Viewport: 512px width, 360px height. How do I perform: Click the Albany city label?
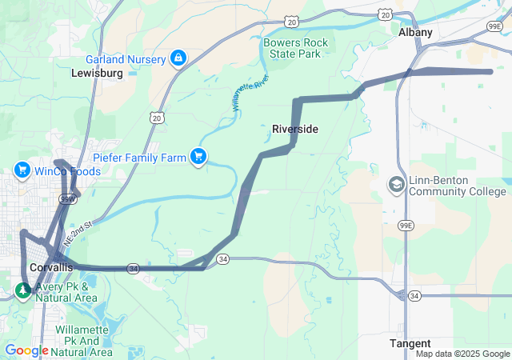415,33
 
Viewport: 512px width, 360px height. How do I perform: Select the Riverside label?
295,129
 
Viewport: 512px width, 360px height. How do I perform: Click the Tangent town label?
410,343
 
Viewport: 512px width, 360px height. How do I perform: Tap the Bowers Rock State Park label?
292,47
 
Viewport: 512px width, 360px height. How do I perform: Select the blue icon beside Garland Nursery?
178,58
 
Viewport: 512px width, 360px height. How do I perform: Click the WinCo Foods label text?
67,171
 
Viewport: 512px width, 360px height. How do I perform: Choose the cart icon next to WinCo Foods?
22,171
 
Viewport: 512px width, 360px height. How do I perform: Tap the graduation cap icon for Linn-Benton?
396,186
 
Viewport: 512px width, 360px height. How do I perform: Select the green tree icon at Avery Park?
22,290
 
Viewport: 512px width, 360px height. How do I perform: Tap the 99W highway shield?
67,198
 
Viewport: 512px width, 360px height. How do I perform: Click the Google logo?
26,350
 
